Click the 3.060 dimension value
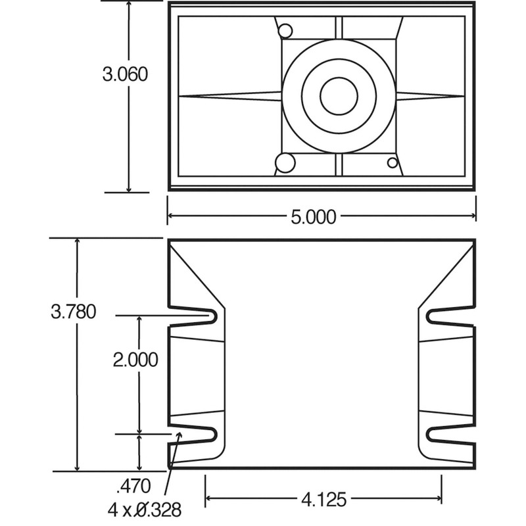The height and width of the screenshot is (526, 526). [125, 74]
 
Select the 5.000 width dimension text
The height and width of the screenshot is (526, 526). [313, 216]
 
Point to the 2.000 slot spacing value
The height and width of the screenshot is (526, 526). [135, 360]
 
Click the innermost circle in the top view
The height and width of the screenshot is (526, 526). [339, 96]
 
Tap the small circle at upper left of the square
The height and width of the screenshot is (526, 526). [285, 31]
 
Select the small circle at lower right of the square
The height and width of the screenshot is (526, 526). [393, 162]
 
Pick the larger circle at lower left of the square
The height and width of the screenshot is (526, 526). [285, 162]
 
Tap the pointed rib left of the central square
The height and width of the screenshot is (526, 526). [230, 96]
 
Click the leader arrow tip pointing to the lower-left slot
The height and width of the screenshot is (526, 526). [178, 434]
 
